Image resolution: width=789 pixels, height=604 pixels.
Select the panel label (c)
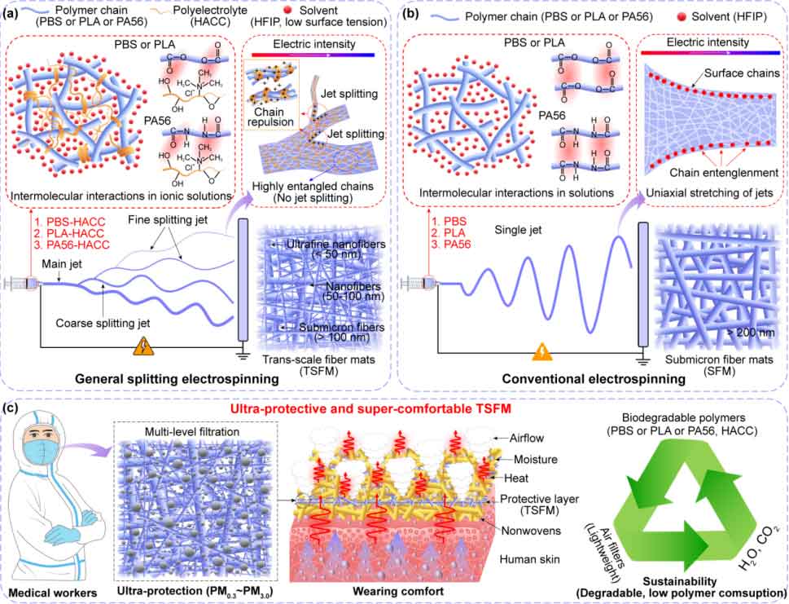pos(12,408)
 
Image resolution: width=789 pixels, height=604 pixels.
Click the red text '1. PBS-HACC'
pos(76,222)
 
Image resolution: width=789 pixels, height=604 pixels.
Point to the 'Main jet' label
pos(62,264)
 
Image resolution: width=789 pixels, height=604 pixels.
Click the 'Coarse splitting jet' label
pos(103,323)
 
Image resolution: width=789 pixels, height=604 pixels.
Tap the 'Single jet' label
pos(519,230)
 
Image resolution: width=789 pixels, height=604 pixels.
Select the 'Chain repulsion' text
pos(270,117)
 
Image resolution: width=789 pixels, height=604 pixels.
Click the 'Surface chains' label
pos(742,73)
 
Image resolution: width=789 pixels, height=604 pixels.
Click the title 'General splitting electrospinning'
pos(177,378)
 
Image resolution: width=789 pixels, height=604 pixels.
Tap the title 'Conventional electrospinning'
pos(594,379)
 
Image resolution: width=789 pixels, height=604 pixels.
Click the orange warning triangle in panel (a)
pos(143,347)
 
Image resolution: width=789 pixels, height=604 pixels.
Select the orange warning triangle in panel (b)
pos(542,352)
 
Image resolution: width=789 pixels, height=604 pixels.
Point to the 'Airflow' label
pos(526,439)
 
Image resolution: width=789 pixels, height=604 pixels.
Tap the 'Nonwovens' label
pos(531,531)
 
